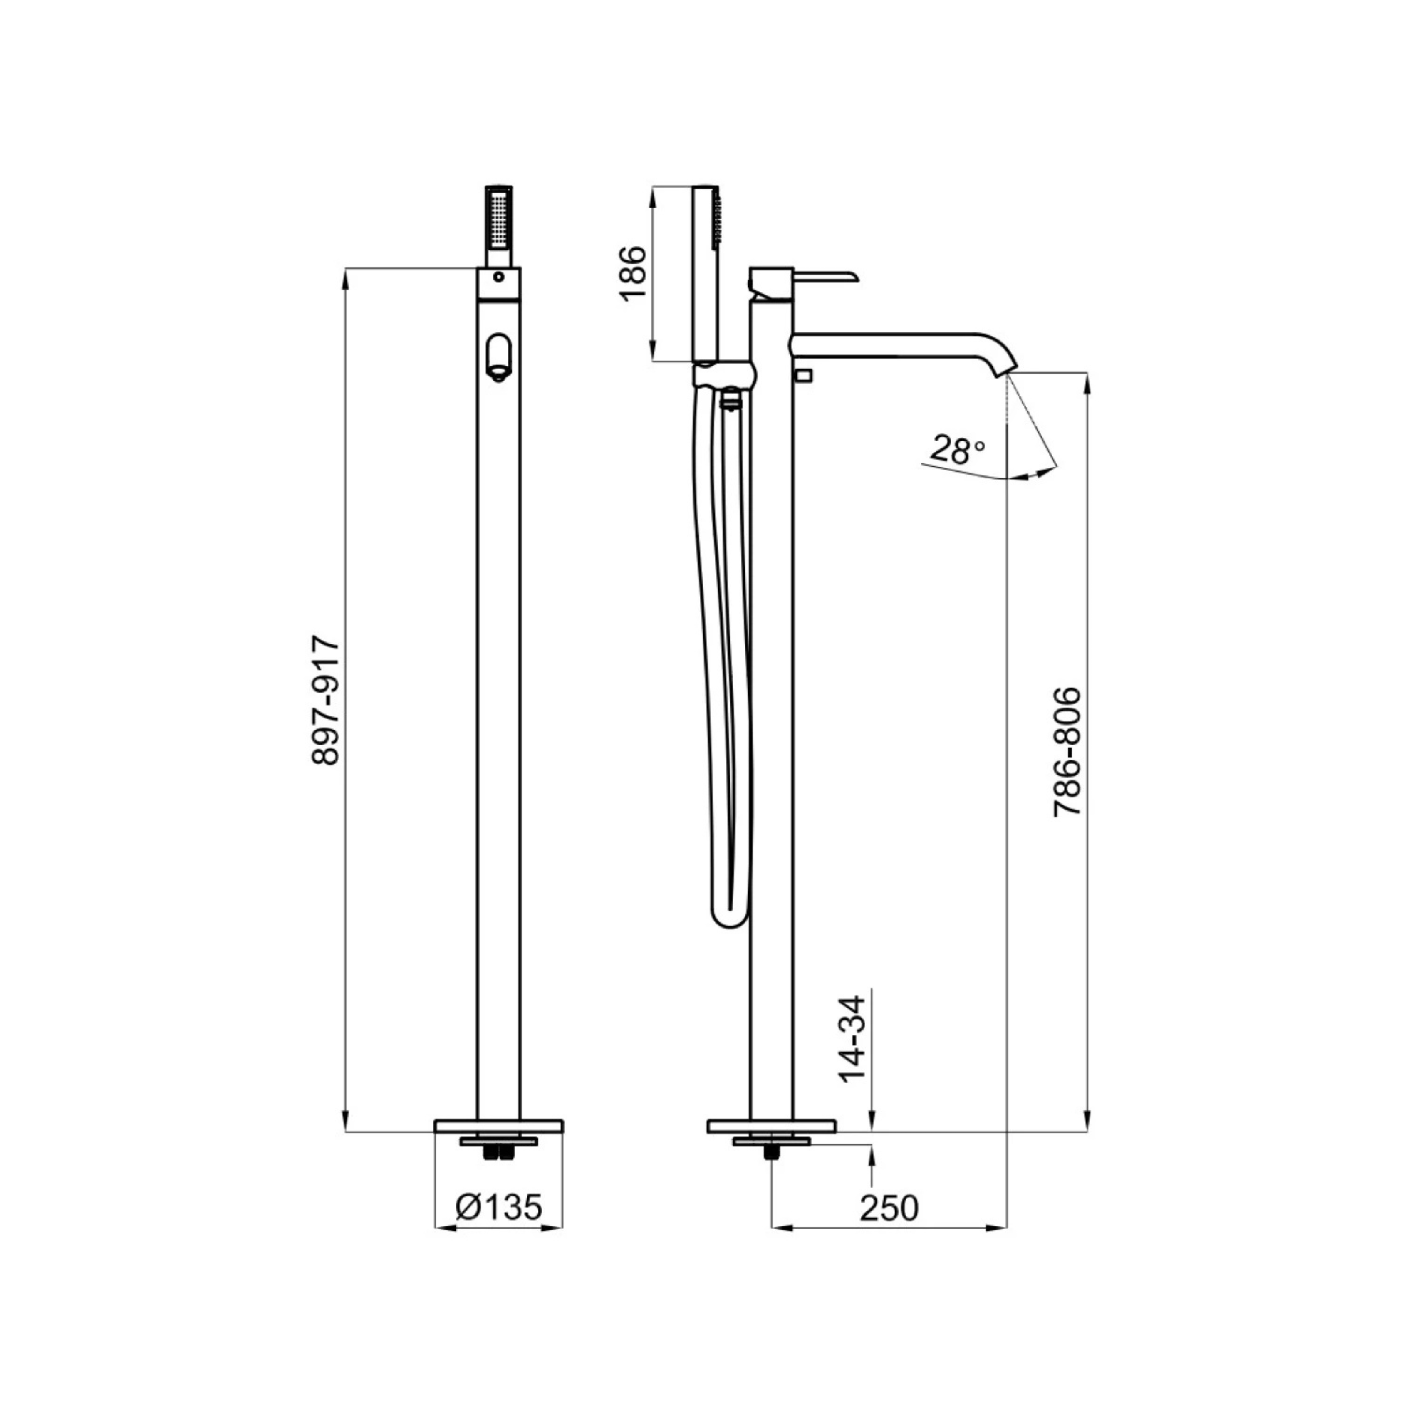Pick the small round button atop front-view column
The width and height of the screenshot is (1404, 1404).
498,276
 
